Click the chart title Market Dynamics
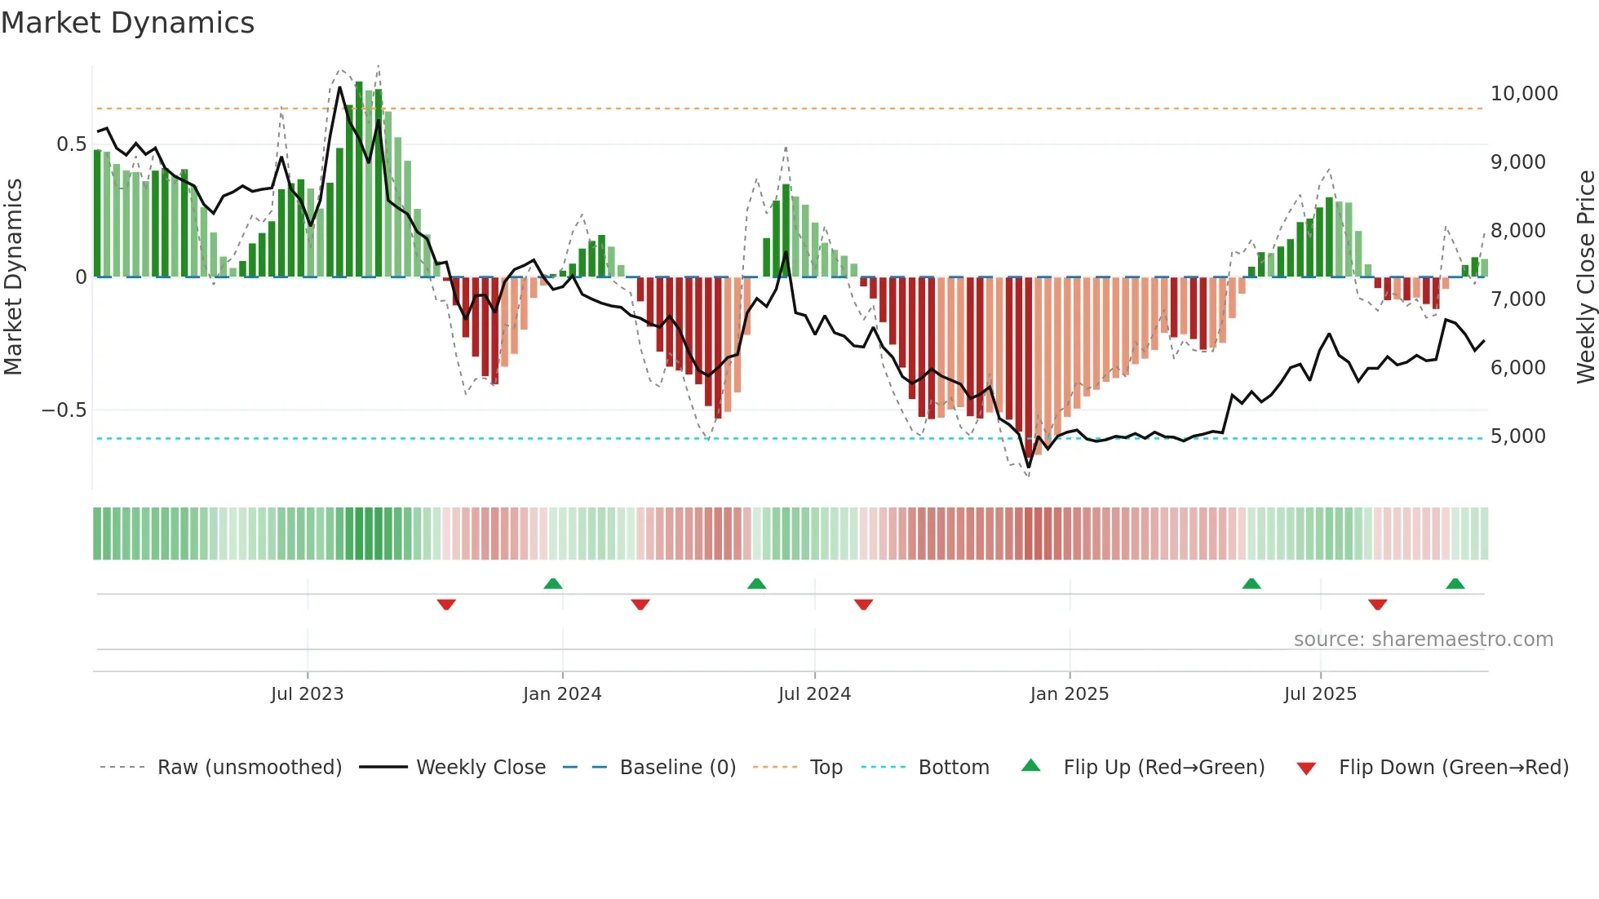coord(127,23)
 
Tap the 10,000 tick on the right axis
coord(1523,94)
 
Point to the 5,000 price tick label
coord(1517,436)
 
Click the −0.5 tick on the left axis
coord(64,410)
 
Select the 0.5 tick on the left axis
coord(71,144)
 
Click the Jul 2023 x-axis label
coord(307,694)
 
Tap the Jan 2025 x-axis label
coord(1069,694)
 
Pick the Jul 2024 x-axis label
coord(814,694)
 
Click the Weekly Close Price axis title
coord(1585,277)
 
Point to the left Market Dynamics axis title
coord(13,277)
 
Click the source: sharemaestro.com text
coord(1423,640)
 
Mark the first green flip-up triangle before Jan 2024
coord(553,584)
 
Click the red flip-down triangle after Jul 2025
coord(1378,604)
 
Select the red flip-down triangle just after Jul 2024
coord(864,604)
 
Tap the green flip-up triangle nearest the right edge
coord(1455,584)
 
